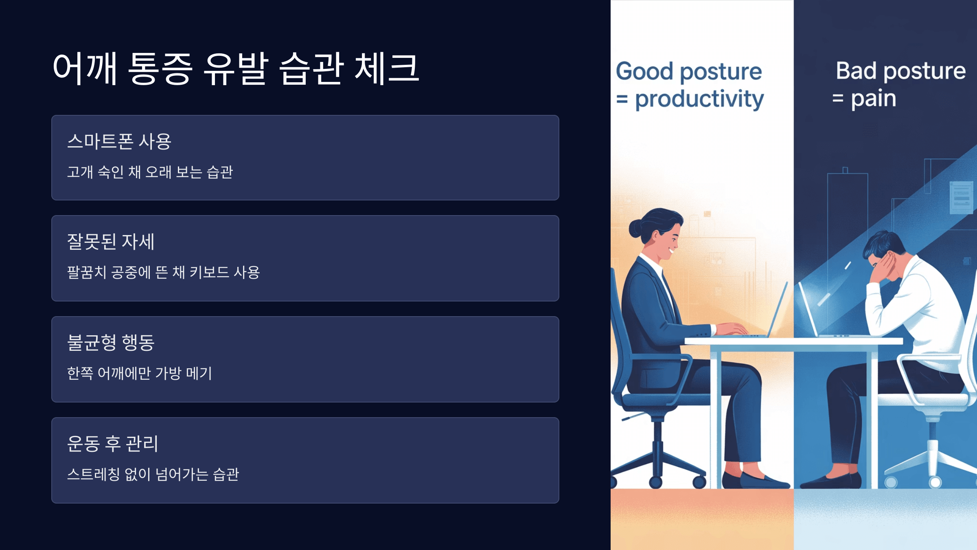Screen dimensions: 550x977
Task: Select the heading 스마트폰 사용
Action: coord(119,141)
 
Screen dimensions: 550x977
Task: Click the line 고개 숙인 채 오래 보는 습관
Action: coord(150,172)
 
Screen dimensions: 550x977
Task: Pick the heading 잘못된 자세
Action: coord(110,242)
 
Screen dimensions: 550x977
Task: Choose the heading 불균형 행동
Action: coord(110,343)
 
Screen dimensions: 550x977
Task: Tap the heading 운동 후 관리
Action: coord(112,443)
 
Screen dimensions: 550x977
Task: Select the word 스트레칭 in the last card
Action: coord(93,474)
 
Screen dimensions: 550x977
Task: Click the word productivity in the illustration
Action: coord(699,99)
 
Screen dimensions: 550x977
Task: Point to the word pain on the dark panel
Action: coord(873,99)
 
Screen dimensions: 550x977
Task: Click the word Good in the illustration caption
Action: coord(644,71)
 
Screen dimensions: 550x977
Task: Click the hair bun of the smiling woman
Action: coord(635,229)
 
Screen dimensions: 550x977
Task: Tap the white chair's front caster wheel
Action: coord(935,482)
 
